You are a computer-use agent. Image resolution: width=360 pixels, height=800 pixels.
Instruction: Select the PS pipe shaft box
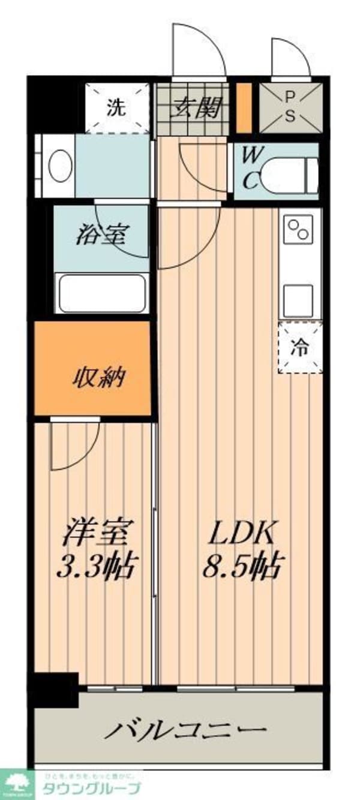click(290, 107)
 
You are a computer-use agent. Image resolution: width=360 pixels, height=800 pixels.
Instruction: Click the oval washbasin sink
click(60, 166)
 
